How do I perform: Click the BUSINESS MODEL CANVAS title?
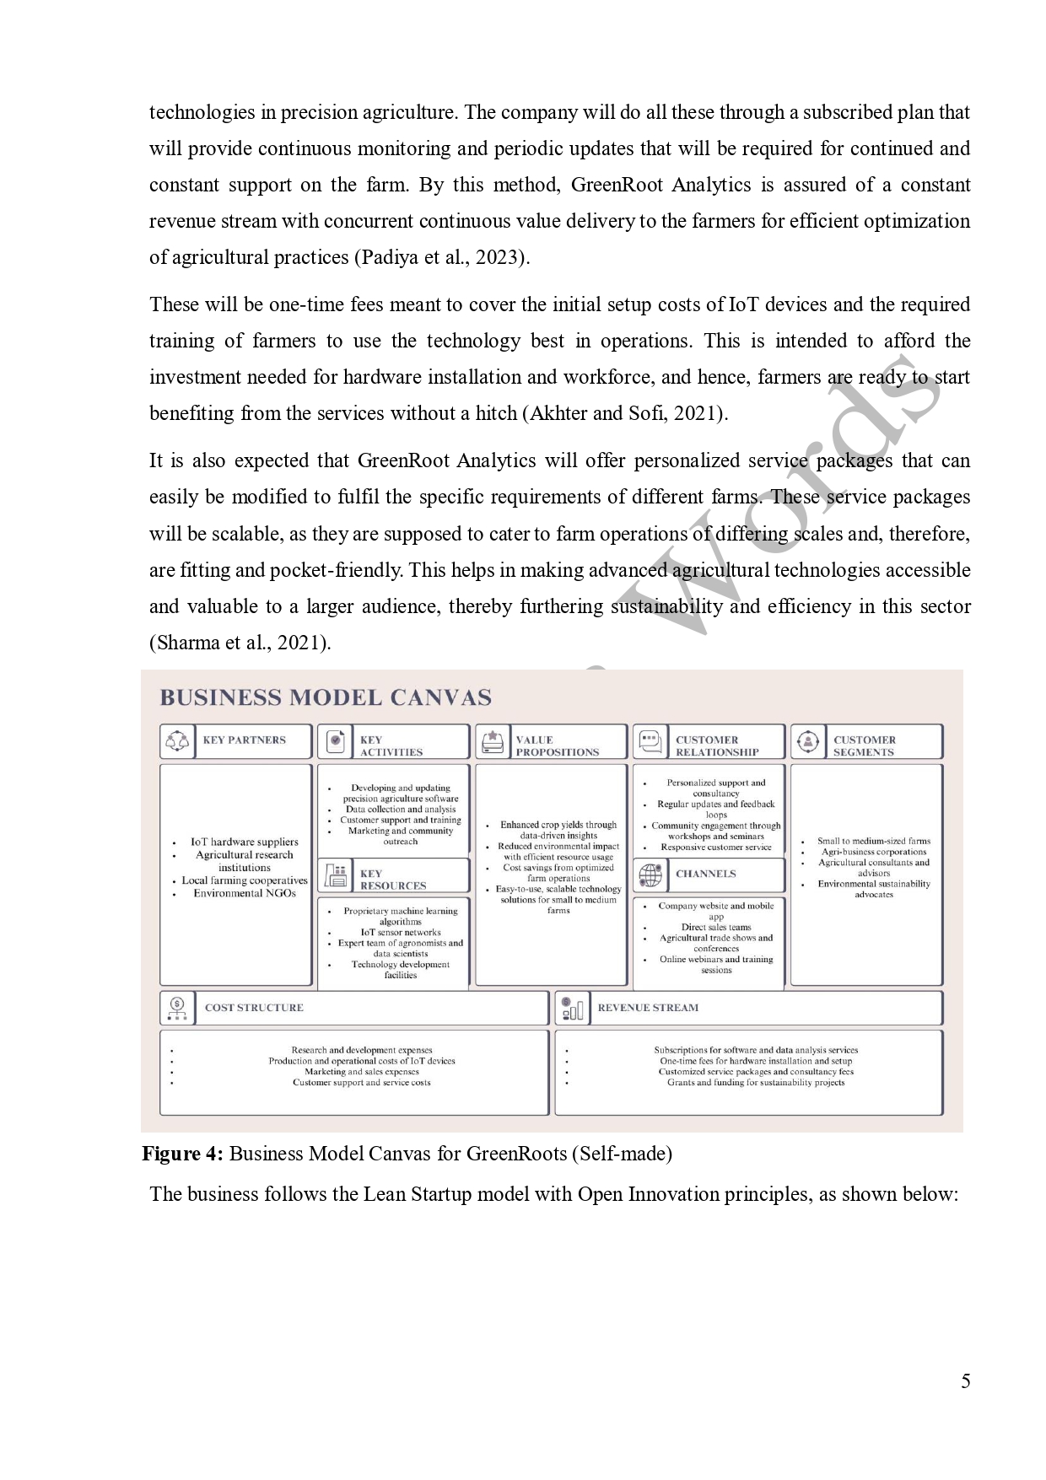click(x=326, y=697)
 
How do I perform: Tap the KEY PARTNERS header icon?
click(x=177, y=741)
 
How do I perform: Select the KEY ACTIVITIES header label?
click(x=391, y=745)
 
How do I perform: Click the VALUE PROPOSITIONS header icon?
click(x=492, y=741)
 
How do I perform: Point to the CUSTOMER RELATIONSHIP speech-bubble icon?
click(x=650, y=741)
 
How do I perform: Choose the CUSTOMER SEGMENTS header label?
click(x=864, y=745)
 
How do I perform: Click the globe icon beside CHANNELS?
click(x=650, y=875)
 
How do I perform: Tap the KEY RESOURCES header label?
click(x=392, y=880)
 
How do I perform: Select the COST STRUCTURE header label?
click(x=254, y=1008)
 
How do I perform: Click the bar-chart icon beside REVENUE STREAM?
click(x=571, y=1008)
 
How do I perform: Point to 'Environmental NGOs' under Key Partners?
click(x=245, y=893)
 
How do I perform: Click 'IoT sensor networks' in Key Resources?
click(x=401, y=933)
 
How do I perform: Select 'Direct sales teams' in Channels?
click(x=716, y=927)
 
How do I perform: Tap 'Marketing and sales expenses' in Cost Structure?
click(x=361, y=1072)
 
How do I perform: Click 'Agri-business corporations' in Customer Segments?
click(x=874, y=852)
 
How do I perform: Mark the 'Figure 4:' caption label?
click(x=182, y=1154)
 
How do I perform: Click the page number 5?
click(x=965, y=1381)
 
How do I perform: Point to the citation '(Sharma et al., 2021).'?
click(x=240, y=643)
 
